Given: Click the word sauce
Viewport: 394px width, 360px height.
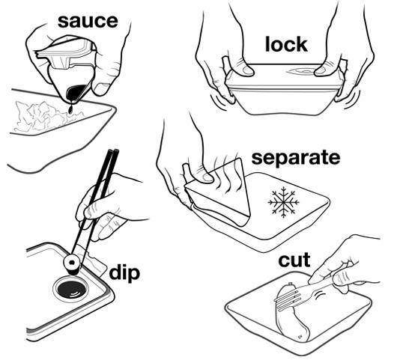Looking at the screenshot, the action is click(x=88, y=22).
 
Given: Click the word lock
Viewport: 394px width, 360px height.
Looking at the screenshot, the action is click(x=286, y=44).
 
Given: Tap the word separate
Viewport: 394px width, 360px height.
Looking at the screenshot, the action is click(x=296, y=157).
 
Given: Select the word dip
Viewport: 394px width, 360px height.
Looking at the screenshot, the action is click(x=124, y=272).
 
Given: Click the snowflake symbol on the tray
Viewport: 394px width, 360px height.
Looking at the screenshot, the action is click(x=283, y=202).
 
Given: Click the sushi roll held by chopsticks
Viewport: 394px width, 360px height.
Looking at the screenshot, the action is click(x=72, y=264).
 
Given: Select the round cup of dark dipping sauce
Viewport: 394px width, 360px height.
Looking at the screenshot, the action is click(x=71, y=289).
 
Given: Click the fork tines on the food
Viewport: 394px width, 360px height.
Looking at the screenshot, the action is click(x=286, y=299).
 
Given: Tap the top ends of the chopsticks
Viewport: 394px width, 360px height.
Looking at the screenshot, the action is click(x=113, y=152).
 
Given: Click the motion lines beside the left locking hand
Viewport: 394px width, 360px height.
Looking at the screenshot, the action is click(x=218, y=101).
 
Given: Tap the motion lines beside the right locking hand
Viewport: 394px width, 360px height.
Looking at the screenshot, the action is click(x=351, y=99).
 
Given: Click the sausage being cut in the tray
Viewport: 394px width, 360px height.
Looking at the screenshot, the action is click(x=293, y=313).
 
